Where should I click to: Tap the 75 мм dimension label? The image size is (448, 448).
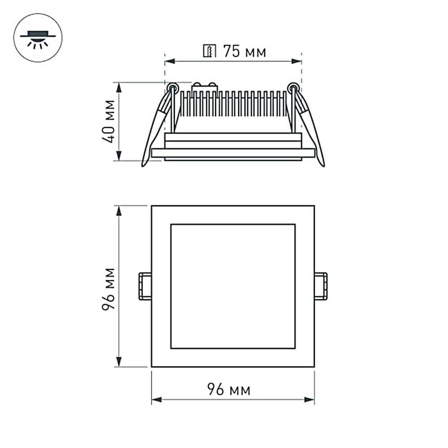click(x=245, y=52)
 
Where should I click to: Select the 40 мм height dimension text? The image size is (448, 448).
click(x=109, y=121)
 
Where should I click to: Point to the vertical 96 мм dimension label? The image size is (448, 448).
click(x=109, y=289)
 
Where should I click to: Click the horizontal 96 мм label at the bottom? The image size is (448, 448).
click(x=229, y=390)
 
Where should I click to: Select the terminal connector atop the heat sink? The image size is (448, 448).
click(x=205, y=87)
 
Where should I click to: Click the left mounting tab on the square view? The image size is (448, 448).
click(x=145, y=286)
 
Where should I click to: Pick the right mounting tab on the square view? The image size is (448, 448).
click(x=321, y=286)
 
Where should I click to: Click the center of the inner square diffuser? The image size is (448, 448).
click(x=233, y=286)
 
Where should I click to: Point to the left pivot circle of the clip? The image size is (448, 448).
click(x=171, y=87)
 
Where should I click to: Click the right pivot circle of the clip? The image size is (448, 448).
click(x=293, y=87)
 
